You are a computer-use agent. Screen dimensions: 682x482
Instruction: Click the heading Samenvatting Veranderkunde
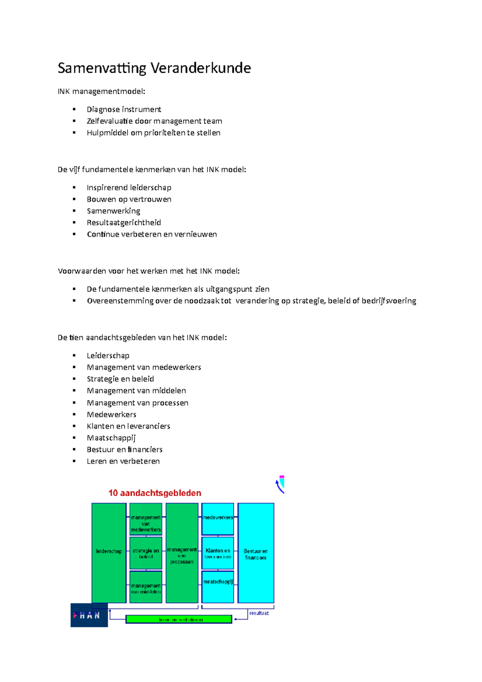(x=154, y=68)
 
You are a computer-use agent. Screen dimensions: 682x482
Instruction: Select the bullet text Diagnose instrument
(x=124, y=109)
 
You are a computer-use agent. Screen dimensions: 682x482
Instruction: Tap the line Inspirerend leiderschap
(x=129, y=188)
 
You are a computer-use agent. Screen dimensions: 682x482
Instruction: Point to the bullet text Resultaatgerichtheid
(x=124, y=223)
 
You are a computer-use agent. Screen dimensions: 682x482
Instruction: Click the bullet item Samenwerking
(x=113, y=211)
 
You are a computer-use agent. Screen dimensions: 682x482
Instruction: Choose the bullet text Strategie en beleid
(x=120, y=379)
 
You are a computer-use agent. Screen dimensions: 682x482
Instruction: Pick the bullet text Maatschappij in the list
(x=111, y=438)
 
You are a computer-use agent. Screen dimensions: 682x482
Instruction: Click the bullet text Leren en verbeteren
(x=123, y=461)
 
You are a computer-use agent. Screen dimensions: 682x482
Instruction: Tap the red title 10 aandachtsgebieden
(x=155, y=493)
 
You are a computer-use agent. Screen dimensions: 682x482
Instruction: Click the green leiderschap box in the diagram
(x=109, y=552)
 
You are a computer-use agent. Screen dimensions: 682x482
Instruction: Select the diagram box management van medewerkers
(x=146, y=519)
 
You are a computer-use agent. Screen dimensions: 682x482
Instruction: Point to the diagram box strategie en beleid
(x=146, y=553)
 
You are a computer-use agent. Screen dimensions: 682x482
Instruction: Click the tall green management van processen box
(x=182, y=552)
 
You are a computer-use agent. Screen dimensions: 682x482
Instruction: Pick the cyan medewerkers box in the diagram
(x=218, y=519)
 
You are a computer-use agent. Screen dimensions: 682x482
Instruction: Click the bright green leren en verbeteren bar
(x=179, y=619)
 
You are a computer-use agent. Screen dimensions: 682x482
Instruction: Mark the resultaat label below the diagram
(x=259, y=613)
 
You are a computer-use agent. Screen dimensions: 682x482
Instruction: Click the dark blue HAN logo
(x=89, y=615)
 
